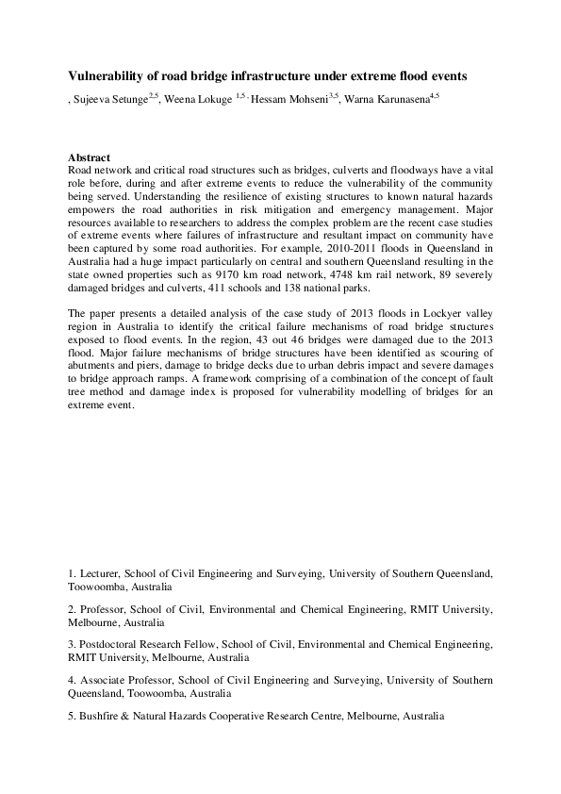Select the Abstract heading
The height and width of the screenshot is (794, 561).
(x=90, y=157)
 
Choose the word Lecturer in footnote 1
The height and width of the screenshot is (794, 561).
(x=102, y=572)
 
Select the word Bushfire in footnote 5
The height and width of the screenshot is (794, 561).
(x=101, y=716)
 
